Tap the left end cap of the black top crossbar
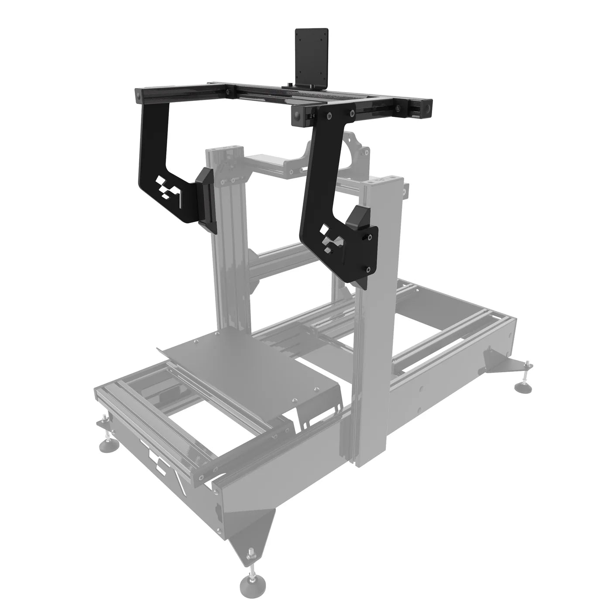pyautogui.click(x=139, y=95)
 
